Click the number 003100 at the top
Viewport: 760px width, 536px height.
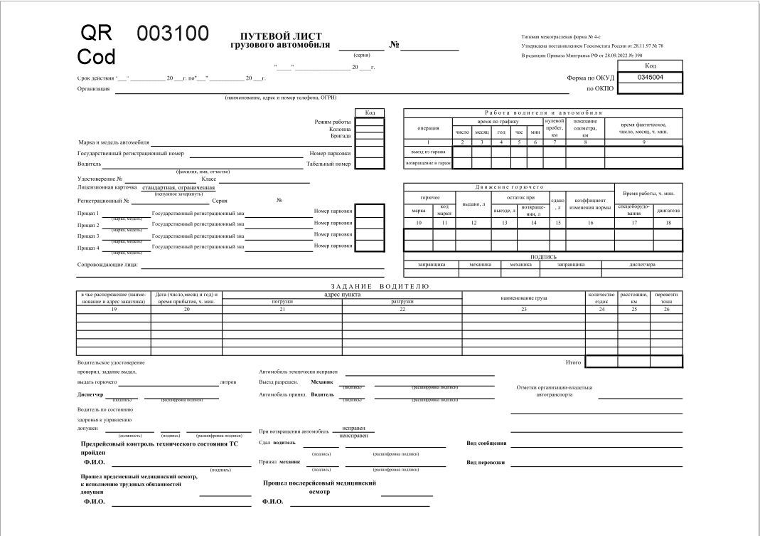click(x=172, y=33)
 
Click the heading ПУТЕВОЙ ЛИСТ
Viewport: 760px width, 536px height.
click(x=281, y=36)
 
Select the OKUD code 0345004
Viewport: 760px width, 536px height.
click(x=650, y=77)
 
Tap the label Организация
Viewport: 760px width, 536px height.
click(x=93, y=89)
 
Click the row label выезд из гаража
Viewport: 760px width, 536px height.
click(x=428, y=152)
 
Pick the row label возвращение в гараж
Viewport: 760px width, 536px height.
click(x=428, y=163)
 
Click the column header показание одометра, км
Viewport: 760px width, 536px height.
click(x=584, y=127)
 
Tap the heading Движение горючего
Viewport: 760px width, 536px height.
click(x=508, y=186)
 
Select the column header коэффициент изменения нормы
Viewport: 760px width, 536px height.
click(x=589, y=204)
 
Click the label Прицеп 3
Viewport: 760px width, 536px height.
click(x=88, y=236)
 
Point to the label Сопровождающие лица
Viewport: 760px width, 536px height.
click(x=108, y=266)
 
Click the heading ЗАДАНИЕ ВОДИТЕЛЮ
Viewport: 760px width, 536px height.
click(x=380, y=286)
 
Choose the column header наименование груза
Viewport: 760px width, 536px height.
click(x=523, y=298)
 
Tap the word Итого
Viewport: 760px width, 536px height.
click(x=573, y=362)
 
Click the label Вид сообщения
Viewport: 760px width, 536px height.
click(x=486, y=443)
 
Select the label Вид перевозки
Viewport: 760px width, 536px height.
click(x=486, y=462)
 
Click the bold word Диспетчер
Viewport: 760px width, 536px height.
click(x=90, y=394)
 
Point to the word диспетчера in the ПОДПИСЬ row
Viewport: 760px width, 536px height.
click(x=642, y=264)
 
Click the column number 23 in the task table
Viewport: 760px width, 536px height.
click(x=523, y=309)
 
